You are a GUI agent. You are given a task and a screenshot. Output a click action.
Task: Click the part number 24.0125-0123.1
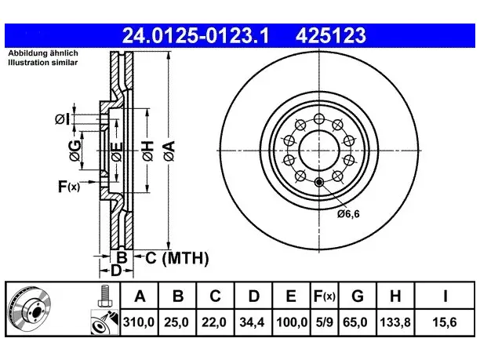(195, 35)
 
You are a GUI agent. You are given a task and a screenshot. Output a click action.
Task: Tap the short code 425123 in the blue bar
(331, 35)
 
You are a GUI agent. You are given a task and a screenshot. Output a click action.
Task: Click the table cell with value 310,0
(139, 322)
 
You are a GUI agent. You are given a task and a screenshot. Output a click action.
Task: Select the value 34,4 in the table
(252, 322)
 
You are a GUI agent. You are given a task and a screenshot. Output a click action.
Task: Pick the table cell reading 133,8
(395, 322)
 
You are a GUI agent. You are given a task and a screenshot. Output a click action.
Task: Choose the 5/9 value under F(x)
(324, 322)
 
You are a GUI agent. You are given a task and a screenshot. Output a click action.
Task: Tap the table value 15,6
(445, 322)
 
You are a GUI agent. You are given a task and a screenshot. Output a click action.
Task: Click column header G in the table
(357, 296)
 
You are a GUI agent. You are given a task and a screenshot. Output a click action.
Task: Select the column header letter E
(290, 296)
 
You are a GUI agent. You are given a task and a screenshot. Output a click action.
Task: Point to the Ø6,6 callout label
(348, 214)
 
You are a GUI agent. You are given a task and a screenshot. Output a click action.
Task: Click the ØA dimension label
(169, 151)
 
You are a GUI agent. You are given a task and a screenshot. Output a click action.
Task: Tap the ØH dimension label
(148, 151)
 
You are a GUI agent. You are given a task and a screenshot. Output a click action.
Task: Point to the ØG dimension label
(75, 151)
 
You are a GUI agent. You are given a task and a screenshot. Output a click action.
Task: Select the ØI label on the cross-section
(63, 119)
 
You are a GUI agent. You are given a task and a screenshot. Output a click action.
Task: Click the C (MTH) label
(177, 258)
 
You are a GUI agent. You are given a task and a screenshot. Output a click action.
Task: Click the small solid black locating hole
(319, 183)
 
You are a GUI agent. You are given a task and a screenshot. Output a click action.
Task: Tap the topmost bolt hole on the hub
(319, 118)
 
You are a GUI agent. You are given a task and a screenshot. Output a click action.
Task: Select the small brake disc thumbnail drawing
(29, 309)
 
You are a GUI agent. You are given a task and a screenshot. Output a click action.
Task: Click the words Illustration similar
(43, 63)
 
